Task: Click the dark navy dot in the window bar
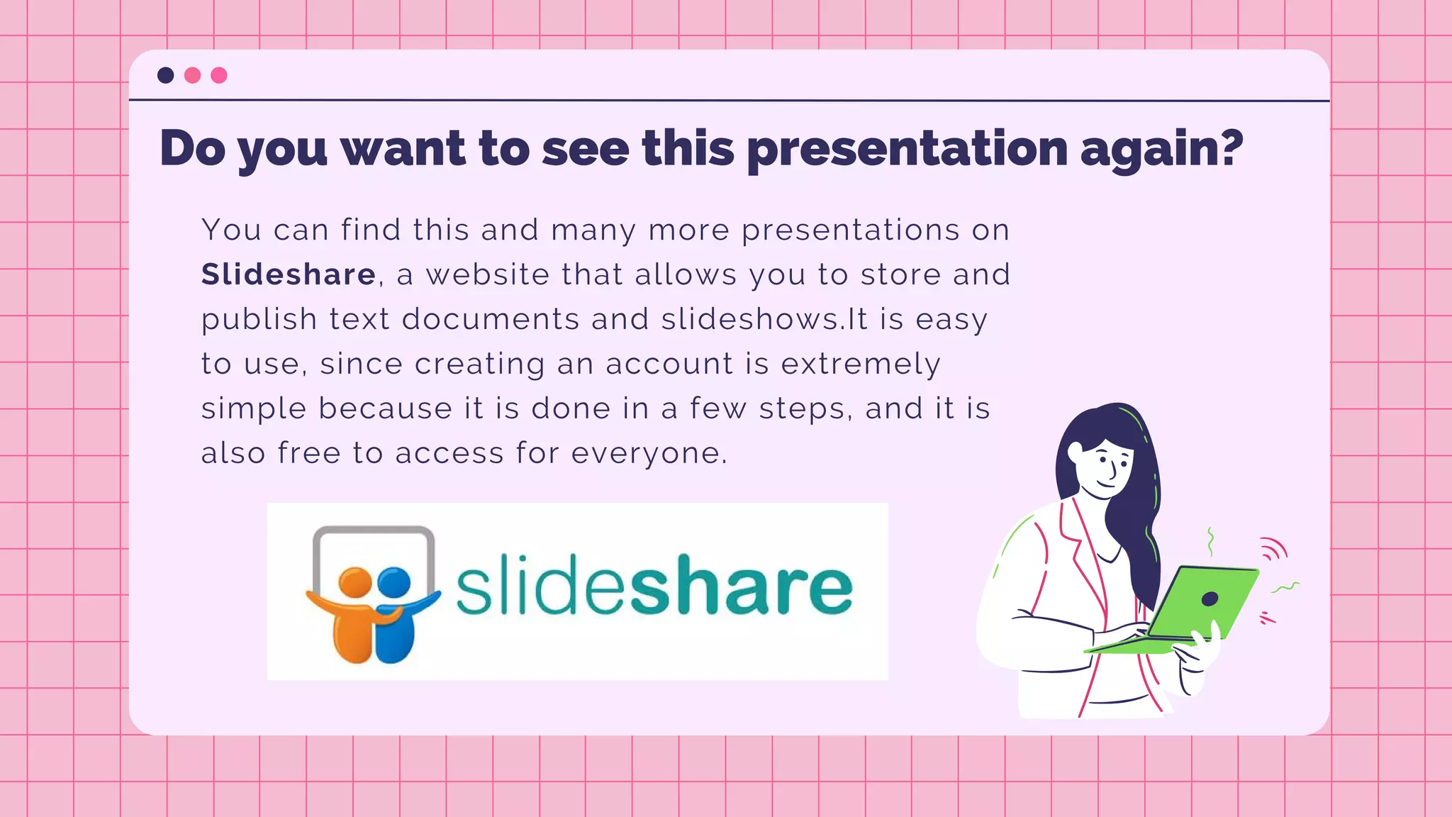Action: coord(166,75)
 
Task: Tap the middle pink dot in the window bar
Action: coord(192,75)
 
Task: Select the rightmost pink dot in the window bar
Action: coord(219,75)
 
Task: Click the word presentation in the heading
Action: coord(907,149)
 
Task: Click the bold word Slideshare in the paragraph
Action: coord(289,274)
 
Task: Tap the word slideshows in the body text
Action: coord(749,319)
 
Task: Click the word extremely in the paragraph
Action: coord(861,364)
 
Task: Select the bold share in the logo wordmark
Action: coord(741,587)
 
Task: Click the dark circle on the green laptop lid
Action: coord(1210,599)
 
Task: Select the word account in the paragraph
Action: coord(669,364)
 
